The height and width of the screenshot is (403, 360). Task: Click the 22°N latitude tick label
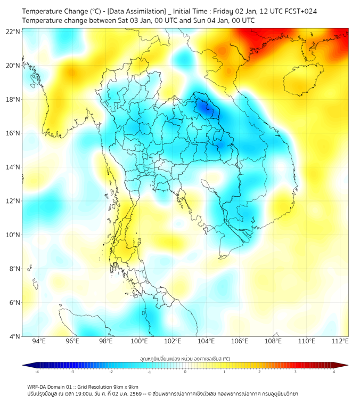pos(13,31)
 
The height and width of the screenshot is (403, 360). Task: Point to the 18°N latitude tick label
pos(13,99)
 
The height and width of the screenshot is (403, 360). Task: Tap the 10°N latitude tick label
pos(13,235)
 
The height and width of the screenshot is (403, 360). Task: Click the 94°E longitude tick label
pos(39,341)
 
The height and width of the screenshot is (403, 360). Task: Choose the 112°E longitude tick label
pos(340,341)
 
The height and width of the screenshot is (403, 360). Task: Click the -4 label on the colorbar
pos(37,372)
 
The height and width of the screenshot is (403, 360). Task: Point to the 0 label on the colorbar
pos(185,372)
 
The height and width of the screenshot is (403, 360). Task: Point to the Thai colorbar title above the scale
pos(185,359)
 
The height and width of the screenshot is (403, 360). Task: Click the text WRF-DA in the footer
pos(38,386)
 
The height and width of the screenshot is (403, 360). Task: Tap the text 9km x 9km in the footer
pos(124,386)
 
